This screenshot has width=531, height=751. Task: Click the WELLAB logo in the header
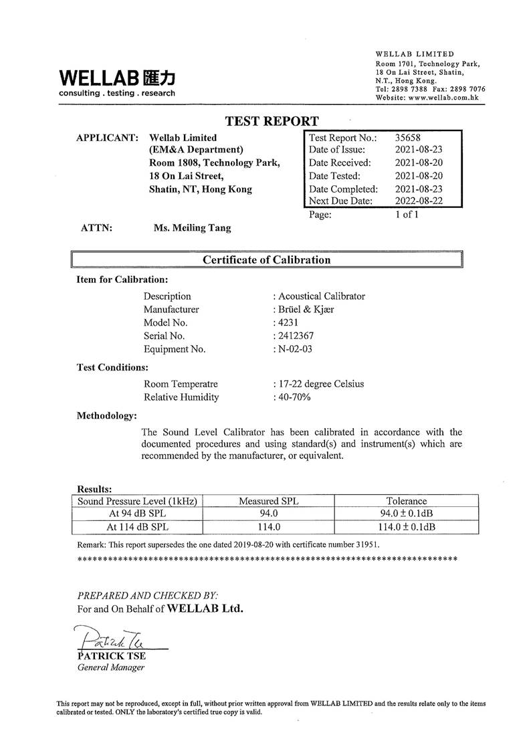117,81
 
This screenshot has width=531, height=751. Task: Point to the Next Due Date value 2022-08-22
419,201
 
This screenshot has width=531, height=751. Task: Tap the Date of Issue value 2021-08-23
419,150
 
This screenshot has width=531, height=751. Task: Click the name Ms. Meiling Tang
192,228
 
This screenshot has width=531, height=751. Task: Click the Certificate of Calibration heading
266,259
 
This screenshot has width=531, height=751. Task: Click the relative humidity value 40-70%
294,397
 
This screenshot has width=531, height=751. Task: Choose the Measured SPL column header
268,501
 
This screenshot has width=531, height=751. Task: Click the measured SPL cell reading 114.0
268,526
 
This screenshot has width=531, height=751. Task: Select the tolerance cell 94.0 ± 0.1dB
407,514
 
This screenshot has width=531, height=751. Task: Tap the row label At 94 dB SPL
138,514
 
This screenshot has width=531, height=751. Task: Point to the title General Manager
111,667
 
